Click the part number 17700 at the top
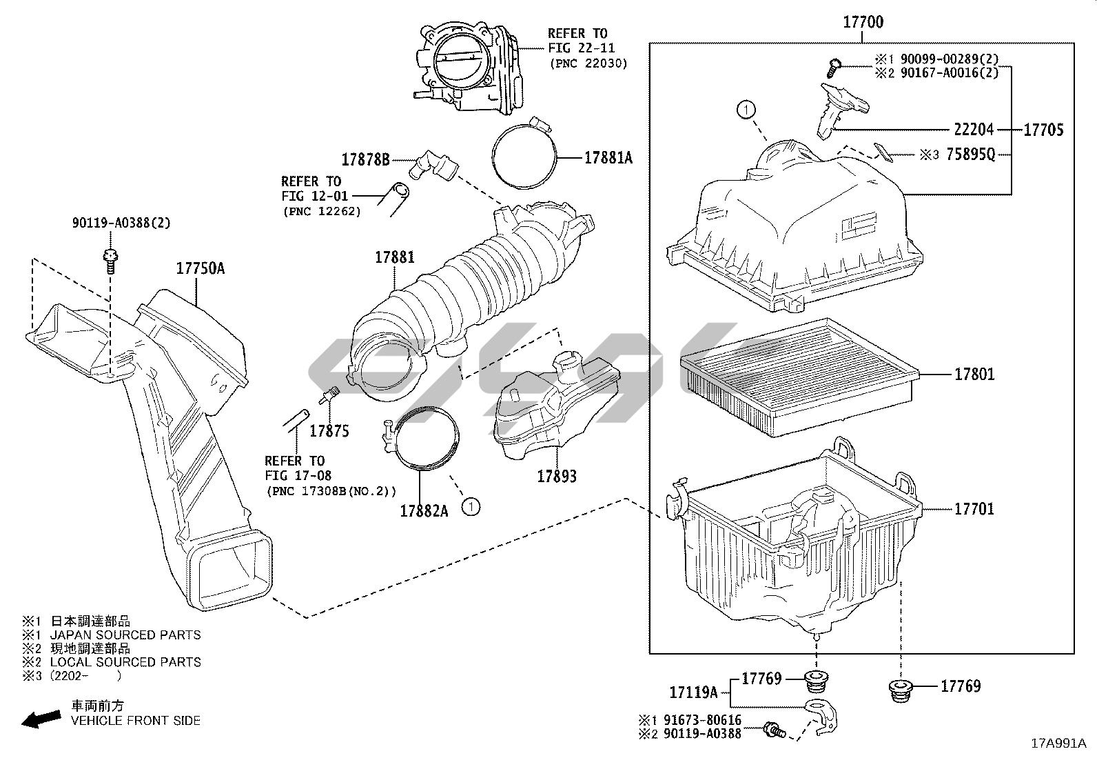click(x=863, y=22)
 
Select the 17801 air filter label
click(x=974, y=375)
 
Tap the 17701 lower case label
click(x=974, y=509)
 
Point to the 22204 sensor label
click(x=974, y=130)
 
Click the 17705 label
click(x=1044, y=130)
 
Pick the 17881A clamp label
click(x=608, y=158)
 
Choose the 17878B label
click(x=365, y=160)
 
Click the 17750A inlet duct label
click(x=201, y=269)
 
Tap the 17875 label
click(x=329, y=432)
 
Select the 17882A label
click(x=424, y=511)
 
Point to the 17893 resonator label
click(x=557, y=477)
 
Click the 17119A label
click(x=693, y=692)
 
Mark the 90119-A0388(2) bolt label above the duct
click(x=121, y=223)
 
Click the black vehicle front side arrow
click(x=41, y=719)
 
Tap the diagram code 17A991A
click(x=1059, y=744)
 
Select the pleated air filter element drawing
click(x=799, y=377)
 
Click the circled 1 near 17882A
click(x=471, y=507)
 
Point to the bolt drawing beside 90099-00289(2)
click(x=834, y=67)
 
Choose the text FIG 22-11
click(x=582, y=48)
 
